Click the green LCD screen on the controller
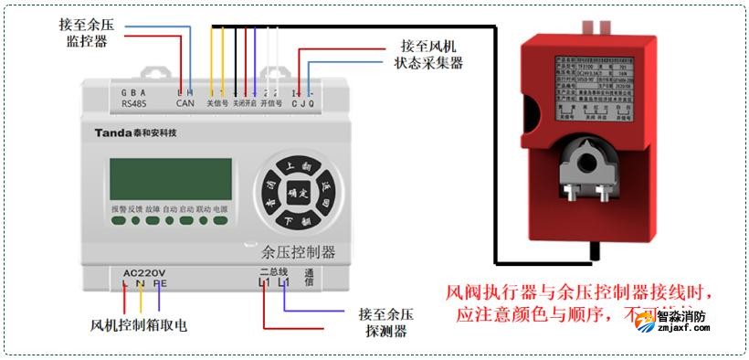[x=171, y=178]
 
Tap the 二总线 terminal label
[x=273, y=271]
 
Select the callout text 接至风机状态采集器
[x=429, y=54]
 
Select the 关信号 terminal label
[x=217, y=104]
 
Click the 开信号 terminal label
[x=271, y=104]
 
